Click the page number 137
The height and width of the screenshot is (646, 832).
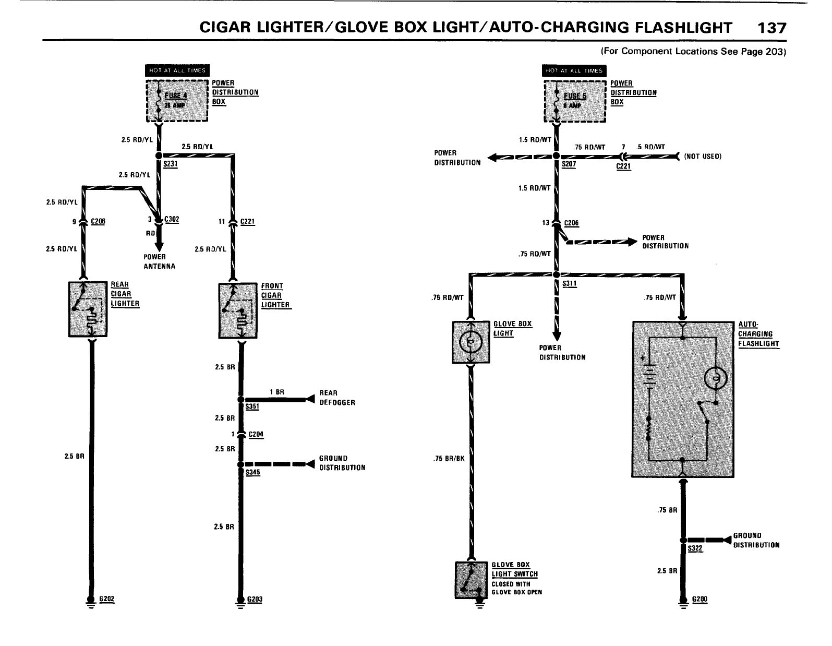click(771, 28)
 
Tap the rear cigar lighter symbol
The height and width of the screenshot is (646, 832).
click(88, 309)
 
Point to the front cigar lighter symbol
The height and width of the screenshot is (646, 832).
click(237, 310)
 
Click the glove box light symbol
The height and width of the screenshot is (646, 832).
click(471, 342)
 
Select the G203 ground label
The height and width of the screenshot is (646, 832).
click(255, 599)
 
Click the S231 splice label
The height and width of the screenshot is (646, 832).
click(171, 164)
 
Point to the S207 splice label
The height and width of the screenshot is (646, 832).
click(569, 164)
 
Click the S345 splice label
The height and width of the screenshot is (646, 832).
click(252, 472)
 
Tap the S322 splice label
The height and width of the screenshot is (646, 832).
click(695, 548)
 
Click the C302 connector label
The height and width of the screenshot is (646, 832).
click(172, 220)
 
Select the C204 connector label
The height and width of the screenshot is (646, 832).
click(257, 435)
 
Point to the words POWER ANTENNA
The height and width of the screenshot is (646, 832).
click(160, 261)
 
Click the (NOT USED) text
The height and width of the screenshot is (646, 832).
click(703, 156)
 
